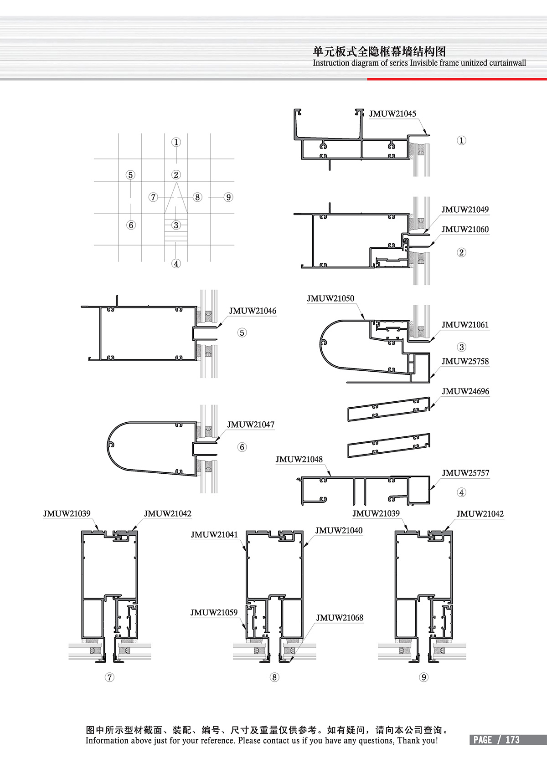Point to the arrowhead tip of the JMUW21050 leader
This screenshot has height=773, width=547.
pos(364,320)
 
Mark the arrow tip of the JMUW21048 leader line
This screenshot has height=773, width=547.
pos(331,476)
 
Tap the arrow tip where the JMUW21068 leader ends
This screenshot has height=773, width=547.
pos(290,661)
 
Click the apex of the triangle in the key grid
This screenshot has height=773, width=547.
pos(176,182)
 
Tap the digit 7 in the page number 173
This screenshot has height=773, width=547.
pos(512,740)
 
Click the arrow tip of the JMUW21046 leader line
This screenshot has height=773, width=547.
pos(217,327)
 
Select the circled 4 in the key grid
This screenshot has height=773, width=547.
pos(176,264)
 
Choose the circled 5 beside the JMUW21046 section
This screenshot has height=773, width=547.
pos(242,333)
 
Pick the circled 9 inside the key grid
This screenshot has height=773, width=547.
pos(228,197)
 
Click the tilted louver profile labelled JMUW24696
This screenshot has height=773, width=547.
pos(388,409)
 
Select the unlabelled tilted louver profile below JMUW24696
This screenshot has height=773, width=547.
pos(388,445)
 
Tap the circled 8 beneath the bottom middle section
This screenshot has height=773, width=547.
pos(274,677)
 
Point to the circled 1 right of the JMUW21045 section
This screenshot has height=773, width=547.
pos(461,140)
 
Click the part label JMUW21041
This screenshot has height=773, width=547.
pos(214,535)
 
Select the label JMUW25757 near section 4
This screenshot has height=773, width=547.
pos(465,473)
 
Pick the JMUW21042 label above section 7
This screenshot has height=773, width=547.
pos(167,513)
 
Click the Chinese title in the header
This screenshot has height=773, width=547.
pos(379,52)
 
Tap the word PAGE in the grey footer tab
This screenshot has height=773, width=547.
pos(482,740)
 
